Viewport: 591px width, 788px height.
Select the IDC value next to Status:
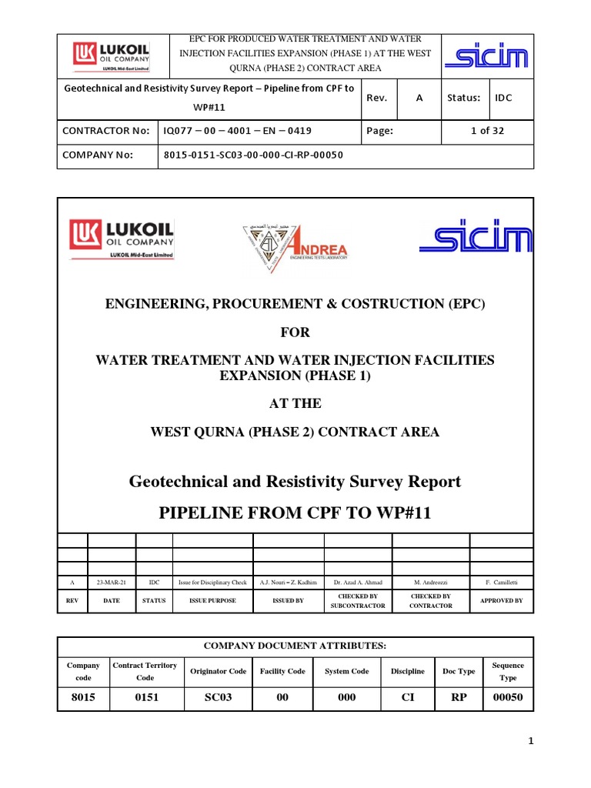[x=503, y=98]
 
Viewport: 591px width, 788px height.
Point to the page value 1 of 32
[x=487, y=131]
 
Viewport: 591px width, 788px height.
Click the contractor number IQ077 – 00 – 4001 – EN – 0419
[x=238, y=131]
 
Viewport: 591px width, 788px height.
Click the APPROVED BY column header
[x=501, y=600]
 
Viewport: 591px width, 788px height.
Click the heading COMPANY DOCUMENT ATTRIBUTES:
[x=295, y=646]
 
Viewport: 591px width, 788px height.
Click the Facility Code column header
[x=282, y=671]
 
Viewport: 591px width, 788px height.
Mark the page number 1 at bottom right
[x=530, y=741]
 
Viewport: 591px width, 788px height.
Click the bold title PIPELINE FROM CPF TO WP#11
[x=295, y=513]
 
